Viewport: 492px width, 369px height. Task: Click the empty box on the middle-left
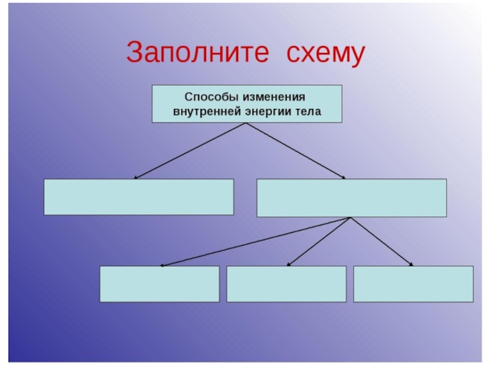click(138, 197)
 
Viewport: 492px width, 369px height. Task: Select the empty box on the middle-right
click(351, 197)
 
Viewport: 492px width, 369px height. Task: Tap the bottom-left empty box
click(159, 284)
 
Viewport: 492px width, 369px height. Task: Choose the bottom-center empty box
click(286, 284)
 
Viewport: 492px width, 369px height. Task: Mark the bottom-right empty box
click(413, 284)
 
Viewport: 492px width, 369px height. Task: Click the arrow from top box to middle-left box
click(191, 151)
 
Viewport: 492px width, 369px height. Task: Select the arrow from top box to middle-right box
click(295, 151)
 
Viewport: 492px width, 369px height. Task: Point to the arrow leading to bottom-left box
click(255, 242)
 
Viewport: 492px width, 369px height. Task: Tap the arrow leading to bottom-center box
click(319, 242)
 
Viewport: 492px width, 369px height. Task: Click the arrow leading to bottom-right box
click(381, 242)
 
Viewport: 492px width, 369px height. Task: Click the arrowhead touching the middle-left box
click(136, 178)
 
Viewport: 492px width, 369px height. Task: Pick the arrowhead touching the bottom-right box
click(411, 265)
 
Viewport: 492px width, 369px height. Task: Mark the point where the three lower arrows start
click(350, 218)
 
